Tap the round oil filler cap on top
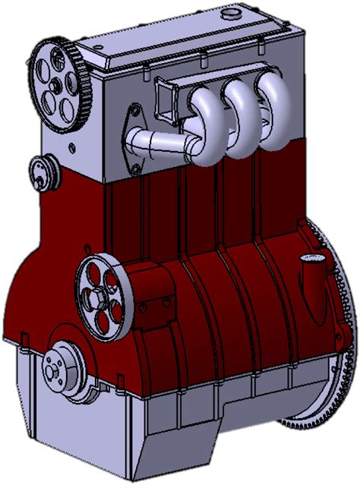[x=230, y=16]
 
